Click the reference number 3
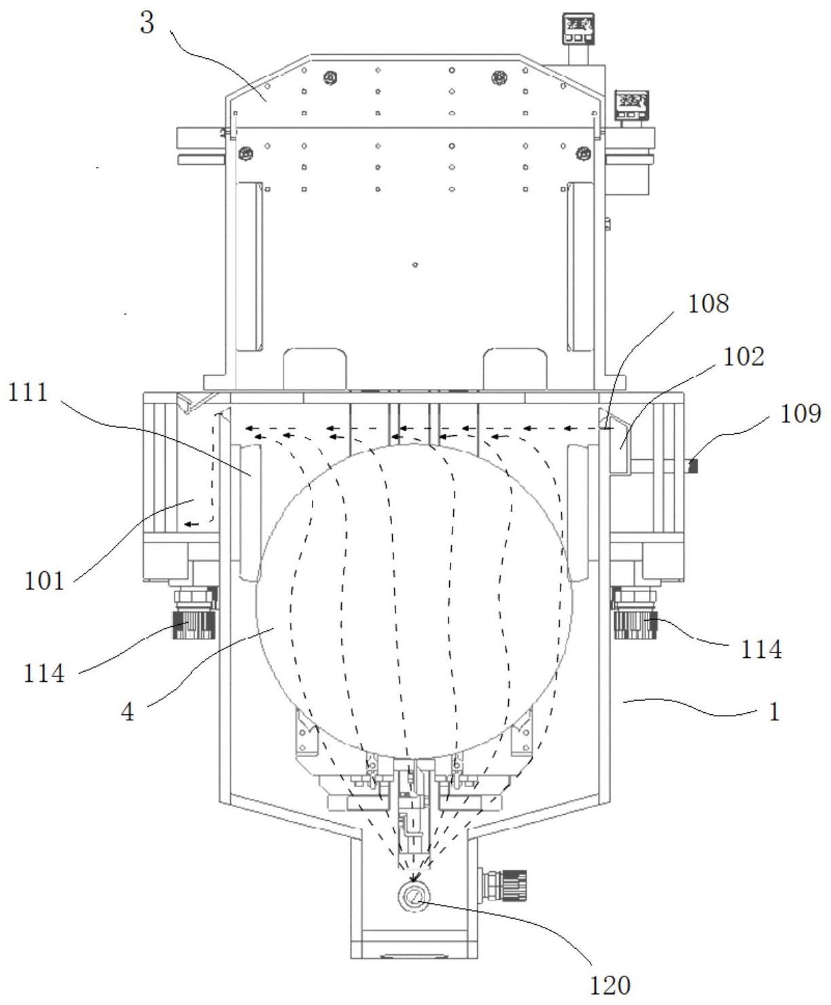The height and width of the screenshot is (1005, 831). tap(147, 23)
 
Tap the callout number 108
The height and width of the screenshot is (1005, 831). tap(707, 304)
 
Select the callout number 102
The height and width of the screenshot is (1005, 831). tap(743, 357)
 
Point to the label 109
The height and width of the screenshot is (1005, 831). tap(800, 414)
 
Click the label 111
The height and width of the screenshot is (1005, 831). tap(28, 392)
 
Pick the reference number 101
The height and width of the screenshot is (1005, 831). tap(44, 581)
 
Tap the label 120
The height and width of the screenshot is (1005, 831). tap(610, 985)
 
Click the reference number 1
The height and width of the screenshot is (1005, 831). tap(774, 712)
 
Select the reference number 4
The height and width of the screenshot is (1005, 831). tap(127, 712)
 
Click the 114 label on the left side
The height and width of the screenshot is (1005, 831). tap(44, 674)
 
